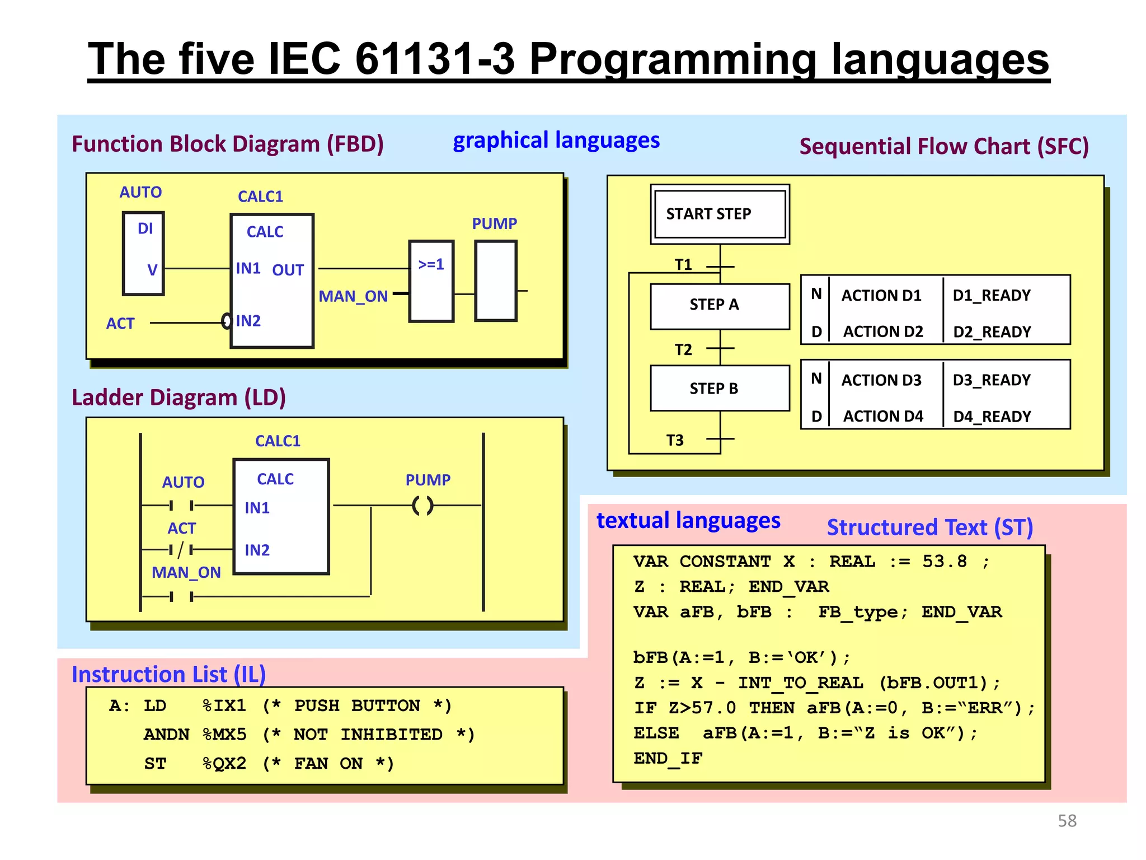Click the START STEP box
click(x=720, y=214)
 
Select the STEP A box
click(x=720, y=306)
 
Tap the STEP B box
click(x=720, y=389)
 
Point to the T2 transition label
click(x=683, y=350)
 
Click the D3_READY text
click(x=991, y=380)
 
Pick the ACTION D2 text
click(x=882, y=332)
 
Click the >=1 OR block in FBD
click(x=431, y=281)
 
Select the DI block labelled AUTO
click(x=143, y=253)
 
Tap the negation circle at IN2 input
click(x=227, y=321)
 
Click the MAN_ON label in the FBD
click(x=353, y=296)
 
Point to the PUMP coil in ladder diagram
click(x=422, y=506)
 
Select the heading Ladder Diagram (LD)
click(x=179, y=398)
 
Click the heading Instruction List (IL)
click(x=168, y=674)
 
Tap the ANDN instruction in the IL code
click(x=166, y=735)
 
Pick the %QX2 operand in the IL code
click(x=224, y=764)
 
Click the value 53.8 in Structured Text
click(x=945, y=562)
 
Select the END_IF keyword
click(x=668, y=759)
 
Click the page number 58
click(x=1067, y=821)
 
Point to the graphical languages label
click(x=556, y=141)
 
